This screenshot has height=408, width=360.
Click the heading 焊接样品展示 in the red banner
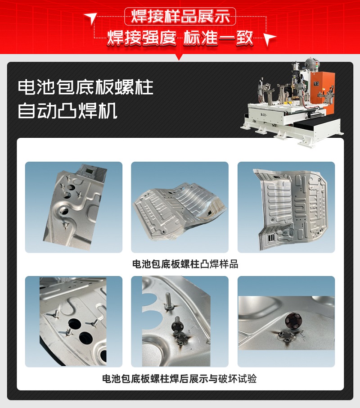click(180, 17)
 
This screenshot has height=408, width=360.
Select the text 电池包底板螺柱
click(85, 87)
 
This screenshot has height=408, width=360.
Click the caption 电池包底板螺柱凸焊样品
click(180, 264)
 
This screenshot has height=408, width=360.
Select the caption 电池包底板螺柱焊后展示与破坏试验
click(180, 379)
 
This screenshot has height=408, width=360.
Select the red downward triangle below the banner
click(180, 57)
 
